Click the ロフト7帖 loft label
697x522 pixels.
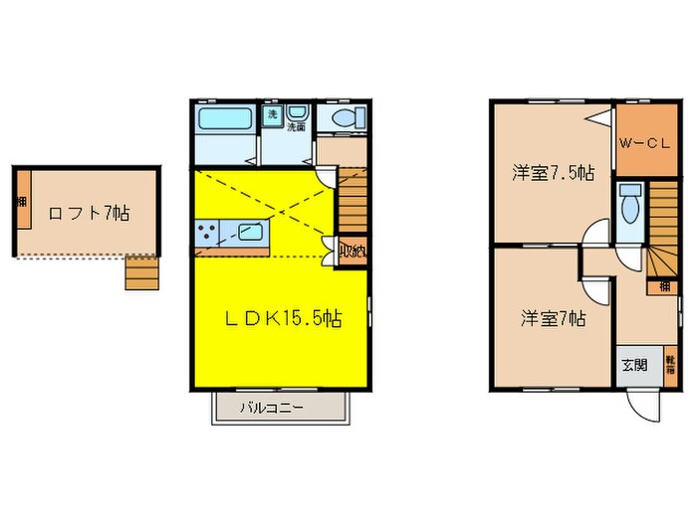88,212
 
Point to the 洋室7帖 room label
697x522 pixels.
554,319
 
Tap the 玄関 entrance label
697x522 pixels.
634,364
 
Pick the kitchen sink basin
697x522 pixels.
248,236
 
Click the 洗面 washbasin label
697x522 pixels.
296,127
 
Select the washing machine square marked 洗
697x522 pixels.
272,115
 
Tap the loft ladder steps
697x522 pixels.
141,271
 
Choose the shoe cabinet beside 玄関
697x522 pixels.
670,362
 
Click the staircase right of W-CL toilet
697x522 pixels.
663,229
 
